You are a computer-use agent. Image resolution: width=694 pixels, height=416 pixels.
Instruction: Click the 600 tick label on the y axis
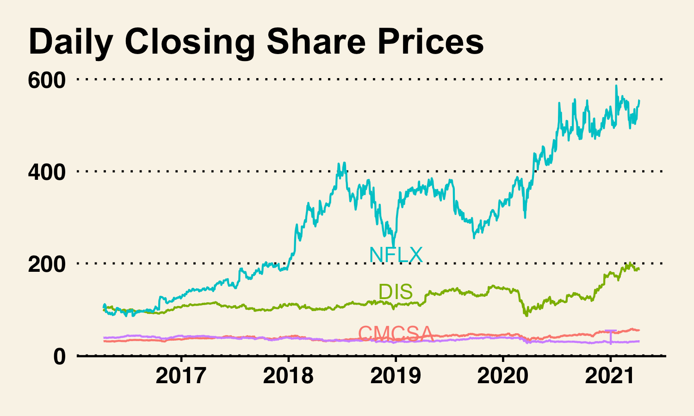[47, 80]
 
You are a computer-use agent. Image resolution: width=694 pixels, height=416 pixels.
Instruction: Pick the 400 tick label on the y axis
[47, 172]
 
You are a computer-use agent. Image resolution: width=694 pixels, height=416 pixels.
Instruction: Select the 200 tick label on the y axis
[47, 264]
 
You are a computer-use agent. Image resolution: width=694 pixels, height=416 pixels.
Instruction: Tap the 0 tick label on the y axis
[59, 356]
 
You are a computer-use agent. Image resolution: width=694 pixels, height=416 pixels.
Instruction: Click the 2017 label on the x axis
[181, 376]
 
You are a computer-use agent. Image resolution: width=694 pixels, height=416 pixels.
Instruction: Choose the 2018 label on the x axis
[288, 376]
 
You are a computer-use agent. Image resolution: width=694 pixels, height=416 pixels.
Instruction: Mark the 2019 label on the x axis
[396, 376]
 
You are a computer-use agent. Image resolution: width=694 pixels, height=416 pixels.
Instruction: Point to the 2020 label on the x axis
[503, 376]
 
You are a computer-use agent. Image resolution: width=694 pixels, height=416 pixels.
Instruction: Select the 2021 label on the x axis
[610, 376]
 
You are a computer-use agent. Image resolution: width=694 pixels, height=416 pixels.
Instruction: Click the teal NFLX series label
[396, 255]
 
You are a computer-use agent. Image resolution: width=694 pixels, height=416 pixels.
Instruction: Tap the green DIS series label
[396, 292]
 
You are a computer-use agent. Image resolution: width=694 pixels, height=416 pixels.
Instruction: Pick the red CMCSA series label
[396, 333]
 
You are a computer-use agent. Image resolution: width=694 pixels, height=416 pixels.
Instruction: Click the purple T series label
[611, 337]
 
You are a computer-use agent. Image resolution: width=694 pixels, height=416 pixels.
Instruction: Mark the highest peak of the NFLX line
[616, 86]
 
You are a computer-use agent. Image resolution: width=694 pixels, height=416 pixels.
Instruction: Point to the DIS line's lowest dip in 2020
[526, 315]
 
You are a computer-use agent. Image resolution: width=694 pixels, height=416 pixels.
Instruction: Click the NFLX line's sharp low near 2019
[393, 246]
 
